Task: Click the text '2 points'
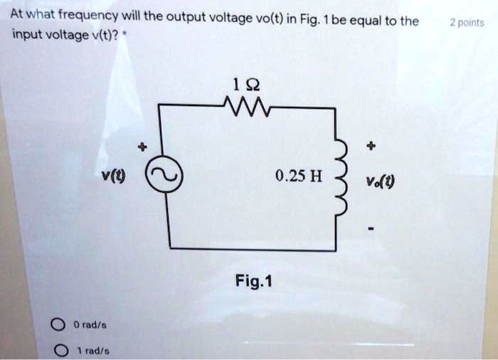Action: point(467,23)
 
